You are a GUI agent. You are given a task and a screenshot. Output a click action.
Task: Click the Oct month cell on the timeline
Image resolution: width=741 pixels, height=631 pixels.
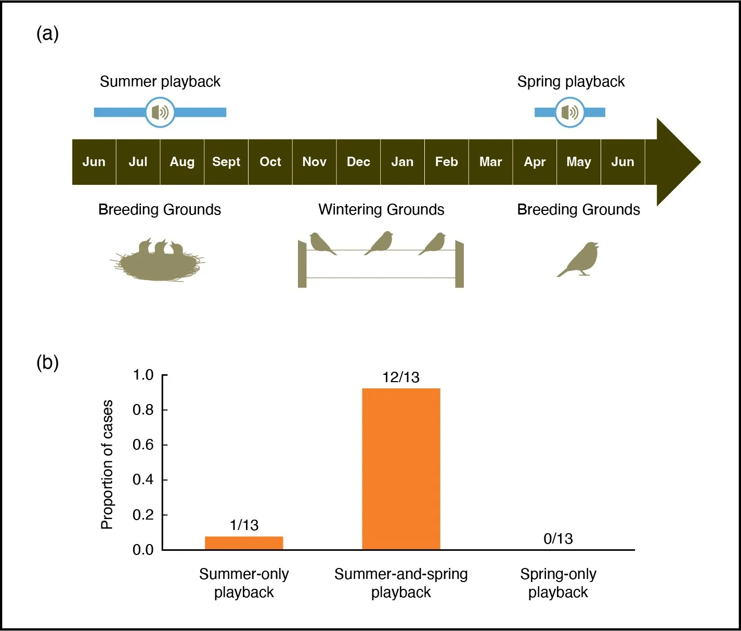[x=270, y=162]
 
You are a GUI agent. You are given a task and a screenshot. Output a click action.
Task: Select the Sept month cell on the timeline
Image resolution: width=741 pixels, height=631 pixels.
[x=226, y=162]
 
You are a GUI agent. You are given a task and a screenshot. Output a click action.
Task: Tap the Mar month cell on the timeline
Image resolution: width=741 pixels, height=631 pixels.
[x=490, y=162]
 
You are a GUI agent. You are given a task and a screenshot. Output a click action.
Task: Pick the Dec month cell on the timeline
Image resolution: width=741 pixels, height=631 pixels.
[x=358, y=162]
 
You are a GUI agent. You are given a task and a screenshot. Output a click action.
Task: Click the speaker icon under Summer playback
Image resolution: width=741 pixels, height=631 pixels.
[x=160, y=112]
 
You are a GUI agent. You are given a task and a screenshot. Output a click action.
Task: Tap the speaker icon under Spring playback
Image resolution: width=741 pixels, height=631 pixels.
[x=570, y=112]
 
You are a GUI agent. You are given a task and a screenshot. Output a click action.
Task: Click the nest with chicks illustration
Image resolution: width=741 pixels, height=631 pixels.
[x=159, y=260]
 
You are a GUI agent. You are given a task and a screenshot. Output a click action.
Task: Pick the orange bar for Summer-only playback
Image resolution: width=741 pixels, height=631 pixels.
[x=244, y=543]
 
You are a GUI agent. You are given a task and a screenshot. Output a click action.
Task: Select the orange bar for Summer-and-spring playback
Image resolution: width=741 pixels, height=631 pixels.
[x=401, y=469]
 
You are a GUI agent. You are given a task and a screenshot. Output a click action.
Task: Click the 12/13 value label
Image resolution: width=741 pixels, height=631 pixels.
[x=401, y=377]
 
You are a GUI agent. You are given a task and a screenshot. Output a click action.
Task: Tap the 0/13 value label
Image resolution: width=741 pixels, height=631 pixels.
[x=558, y=539]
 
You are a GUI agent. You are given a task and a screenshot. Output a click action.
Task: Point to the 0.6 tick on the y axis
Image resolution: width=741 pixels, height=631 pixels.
[x=164, y=445]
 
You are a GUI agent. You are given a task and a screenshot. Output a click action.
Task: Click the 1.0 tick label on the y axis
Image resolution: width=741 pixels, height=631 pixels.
[x=143, y=375]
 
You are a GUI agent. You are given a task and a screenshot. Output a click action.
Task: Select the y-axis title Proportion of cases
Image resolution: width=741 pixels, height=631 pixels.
[x=107, y=464]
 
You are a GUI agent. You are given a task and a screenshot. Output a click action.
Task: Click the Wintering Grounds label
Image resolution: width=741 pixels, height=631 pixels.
[x=381, y=210]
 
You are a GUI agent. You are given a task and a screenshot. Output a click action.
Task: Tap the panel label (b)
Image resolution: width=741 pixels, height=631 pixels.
[x=47, y=362]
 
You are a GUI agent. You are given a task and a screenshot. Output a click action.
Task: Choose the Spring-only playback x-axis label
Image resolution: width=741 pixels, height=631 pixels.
[x=558, y=583]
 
